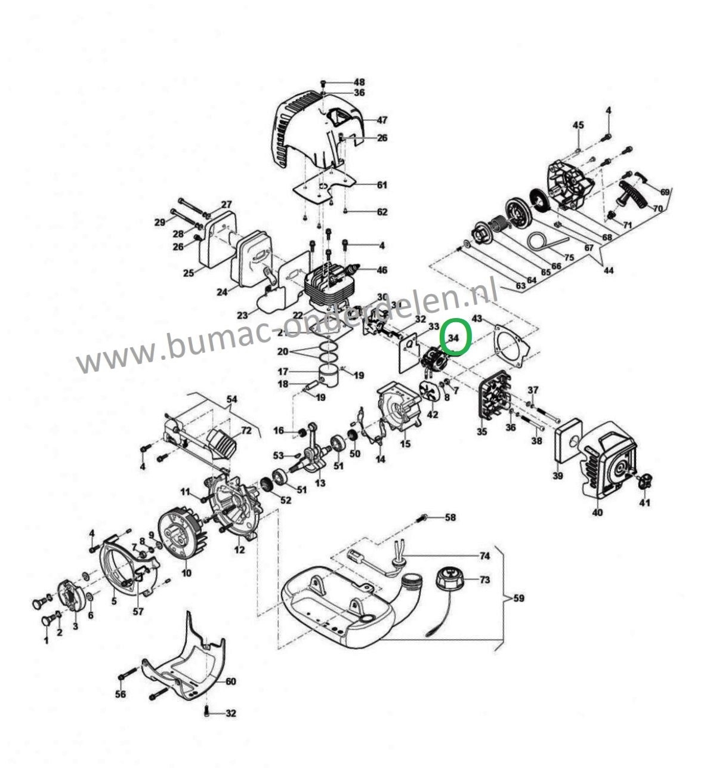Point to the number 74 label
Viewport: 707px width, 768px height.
click(x=484, y=556)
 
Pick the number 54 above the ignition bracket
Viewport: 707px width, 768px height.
click(x=231, y=398)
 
